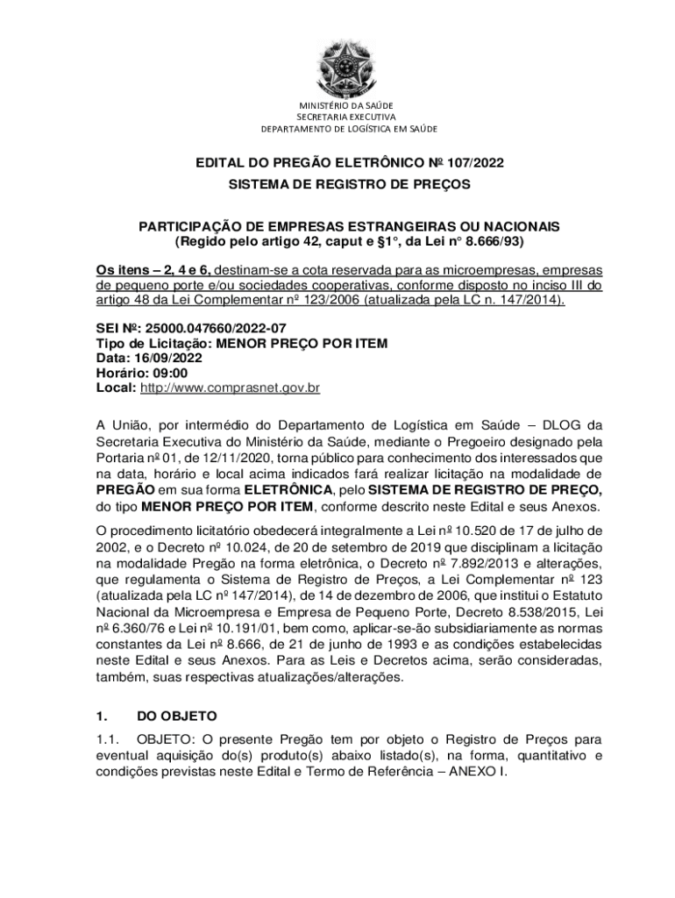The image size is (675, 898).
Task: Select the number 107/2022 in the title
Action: point(475,162)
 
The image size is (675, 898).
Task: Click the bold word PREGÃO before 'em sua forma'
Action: point(125,490)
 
